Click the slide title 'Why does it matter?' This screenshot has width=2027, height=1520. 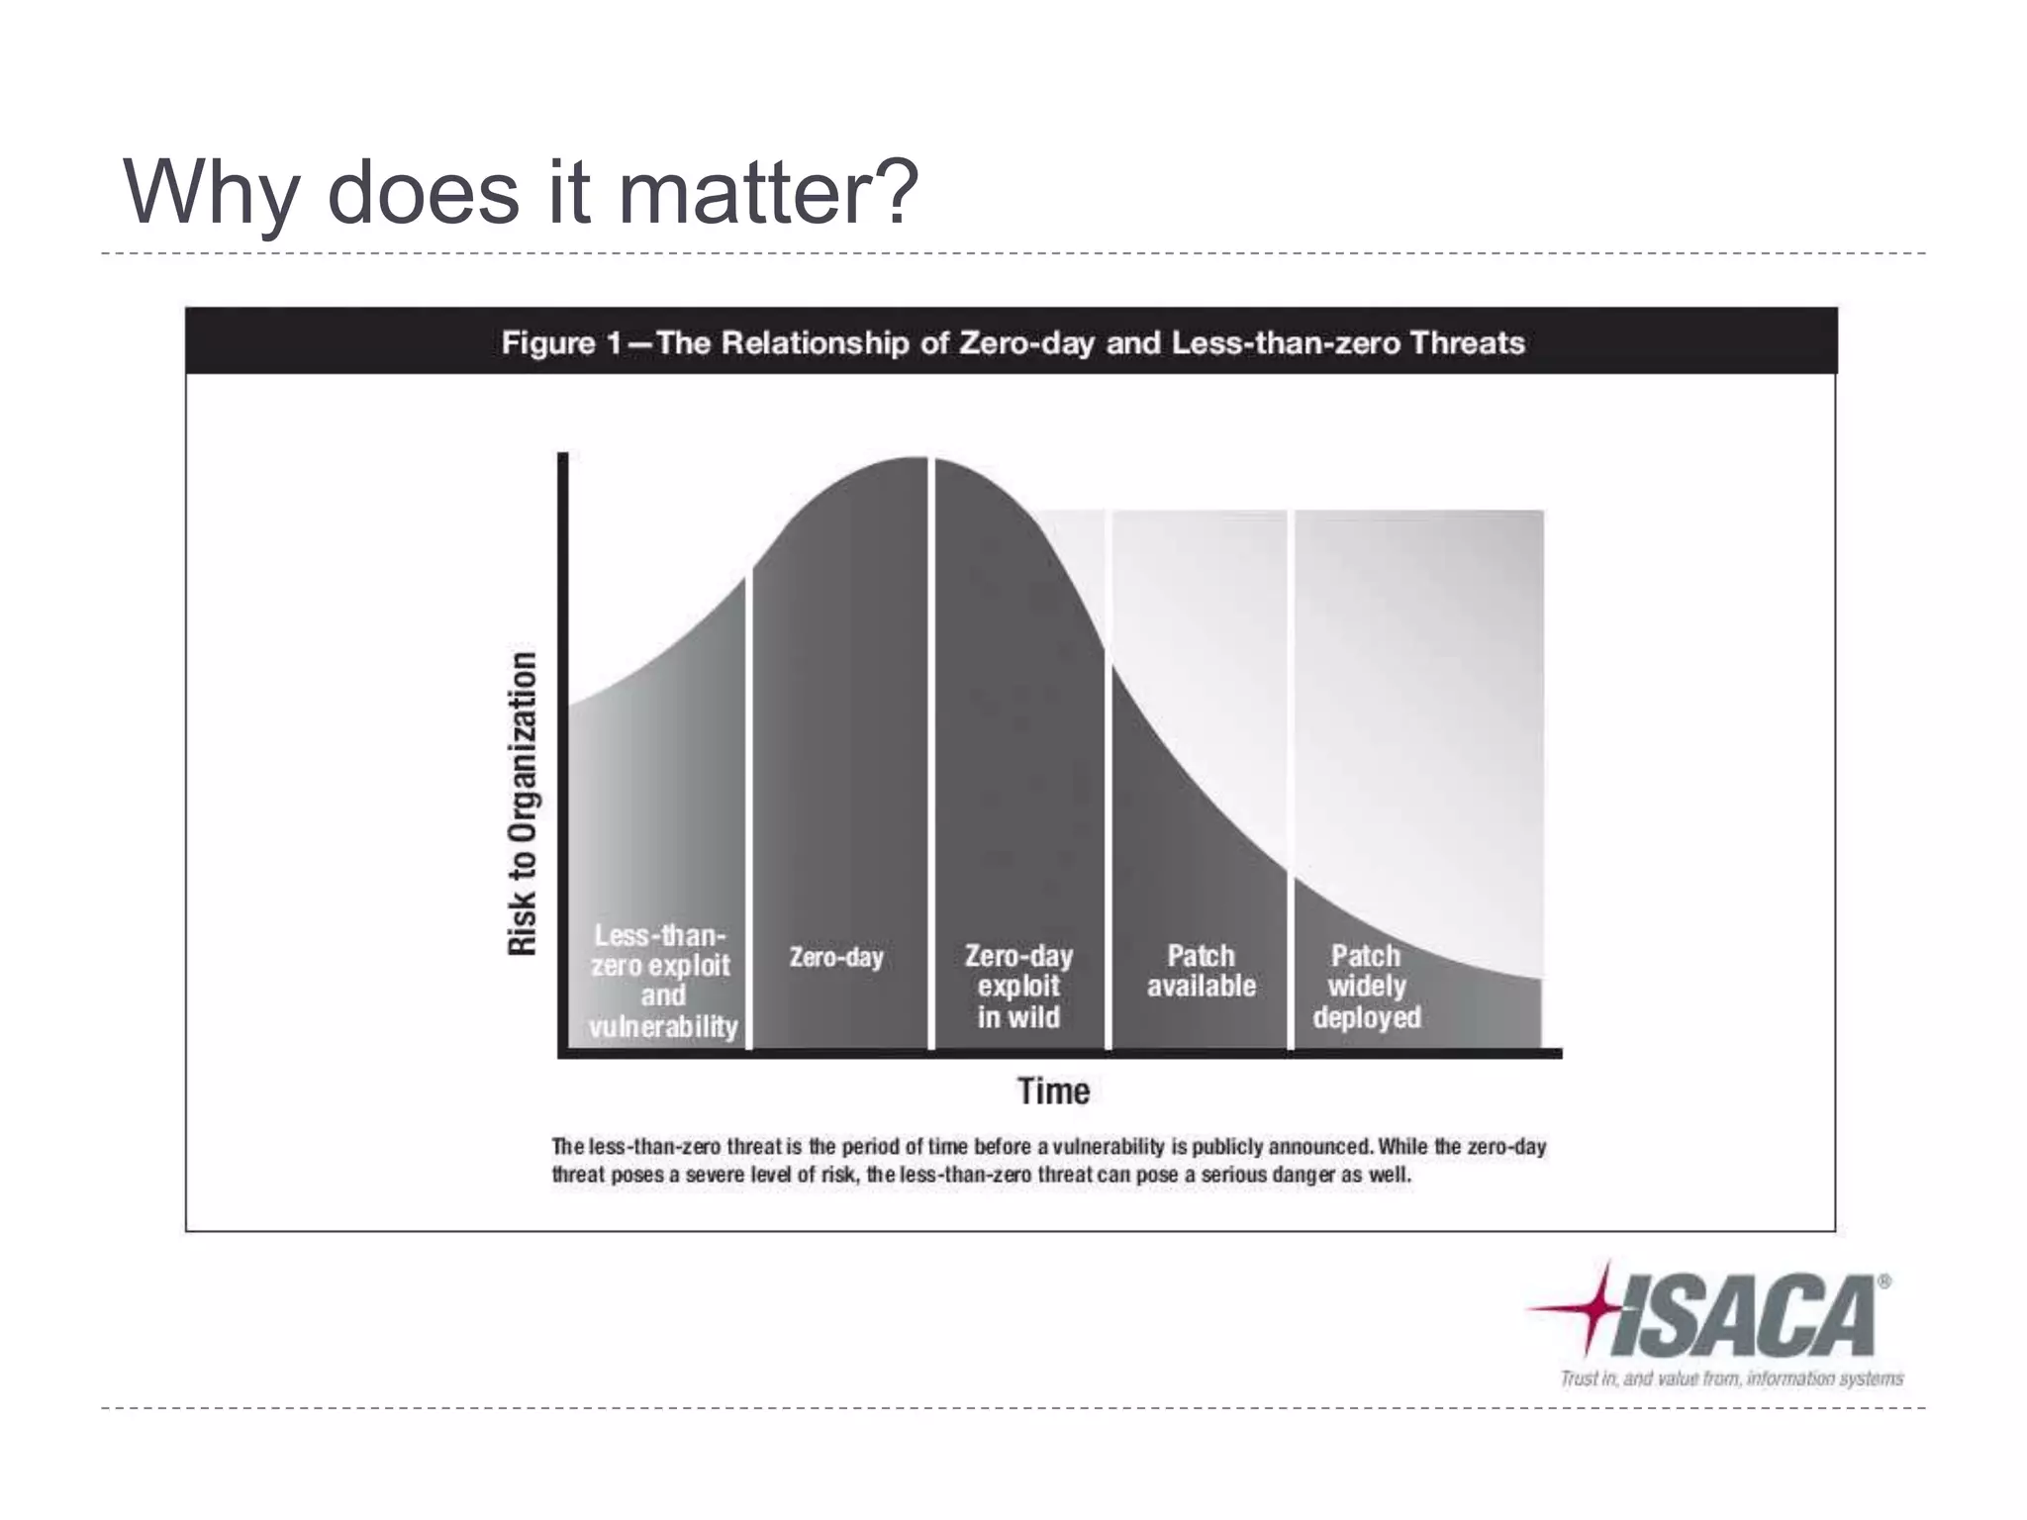tap(521, 192)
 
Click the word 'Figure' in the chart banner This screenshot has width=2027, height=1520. tap(548, 343)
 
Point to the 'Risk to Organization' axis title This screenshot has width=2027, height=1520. tap(523, 804)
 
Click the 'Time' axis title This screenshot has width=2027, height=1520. tap(1053, 1092)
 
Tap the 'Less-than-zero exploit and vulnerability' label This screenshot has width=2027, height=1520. tap(661, 981)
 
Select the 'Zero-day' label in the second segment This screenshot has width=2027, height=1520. tap(836, 957)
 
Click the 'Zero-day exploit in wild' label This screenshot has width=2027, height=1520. tap(1018, 986)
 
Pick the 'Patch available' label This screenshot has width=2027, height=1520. tap(1201, 971)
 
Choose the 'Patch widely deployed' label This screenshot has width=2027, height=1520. tap(1367, 986)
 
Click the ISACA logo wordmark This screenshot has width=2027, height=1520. tap(1744, 1315)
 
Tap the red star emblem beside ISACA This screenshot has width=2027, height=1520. tap(1588, 1308)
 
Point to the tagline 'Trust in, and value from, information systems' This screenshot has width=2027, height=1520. tap(1732, 1378)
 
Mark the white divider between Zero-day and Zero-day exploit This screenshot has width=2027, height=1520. tap(931, 752)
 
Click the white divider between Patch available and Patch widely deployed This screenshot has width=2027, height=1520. tap(1291, 782)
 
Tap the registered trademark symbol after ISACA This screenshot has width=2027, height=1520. tap(1883, 1282)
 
